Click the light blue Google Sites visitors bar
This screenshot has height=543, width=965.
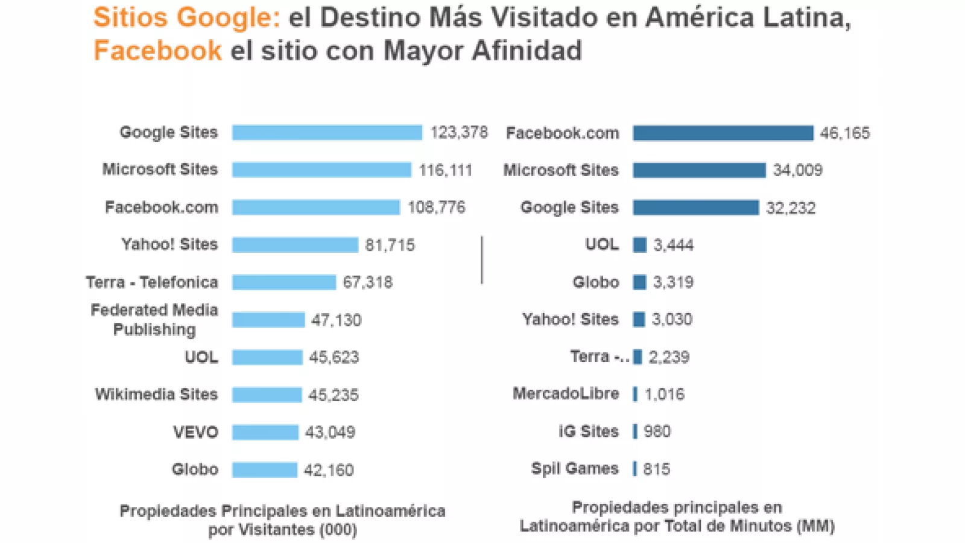327,133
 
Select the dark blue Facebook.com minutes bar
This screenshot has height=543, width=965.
723,133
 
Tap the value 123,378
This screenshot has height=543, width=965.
459,133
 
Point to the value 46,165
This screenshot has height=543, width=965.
845,133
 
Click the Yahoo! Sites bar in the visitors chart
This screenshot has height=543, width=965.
295,245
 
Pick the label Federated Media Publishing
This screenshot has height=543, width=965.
154,320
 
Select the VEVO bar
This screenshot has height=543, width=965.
265,432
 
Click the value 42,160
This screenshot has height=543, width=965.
329,470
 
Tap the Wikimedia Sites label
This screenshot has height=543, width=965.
156,395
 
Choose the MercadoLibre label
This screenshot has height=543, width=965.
566,394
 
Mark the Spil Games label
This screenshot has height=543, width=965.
575,469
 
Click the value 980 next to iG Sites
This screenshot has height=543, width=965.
657,431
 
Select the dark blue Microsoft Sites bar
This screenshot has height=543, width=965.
699,170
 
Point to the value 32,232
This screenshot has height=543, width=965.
791,208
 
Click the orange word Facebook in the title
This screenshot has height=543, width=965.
158,51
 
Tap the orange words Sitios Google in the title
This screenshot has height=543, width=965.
186,17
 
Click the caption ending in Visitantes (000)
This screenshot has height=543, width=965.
282,520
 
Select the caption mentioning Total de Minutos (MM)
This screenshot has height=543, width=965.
677,517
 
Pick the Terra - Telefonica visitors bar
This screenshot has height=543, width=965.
283,282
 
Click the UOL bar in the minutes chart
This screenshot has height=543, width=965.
639,245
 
